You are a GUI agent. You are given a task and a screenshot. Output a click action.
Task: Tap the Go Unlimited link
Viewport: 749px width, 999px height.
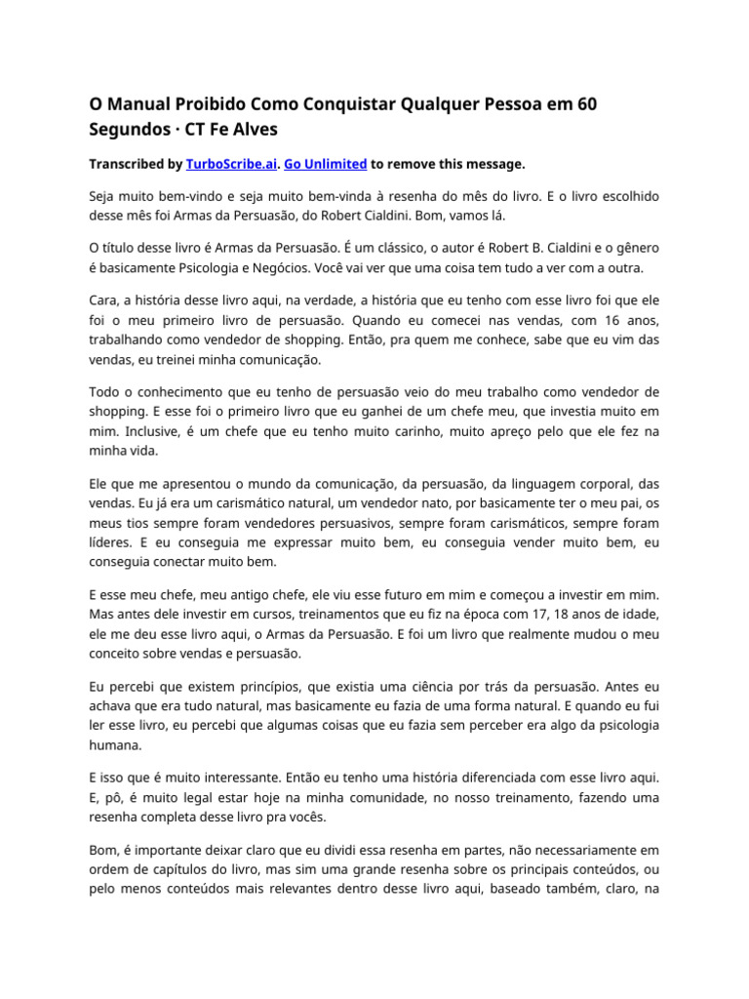click(x=326, y=164)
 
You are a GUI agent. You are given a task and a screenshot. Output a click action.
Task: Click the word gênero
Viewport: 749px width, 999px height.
click(x=638, y=248)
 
